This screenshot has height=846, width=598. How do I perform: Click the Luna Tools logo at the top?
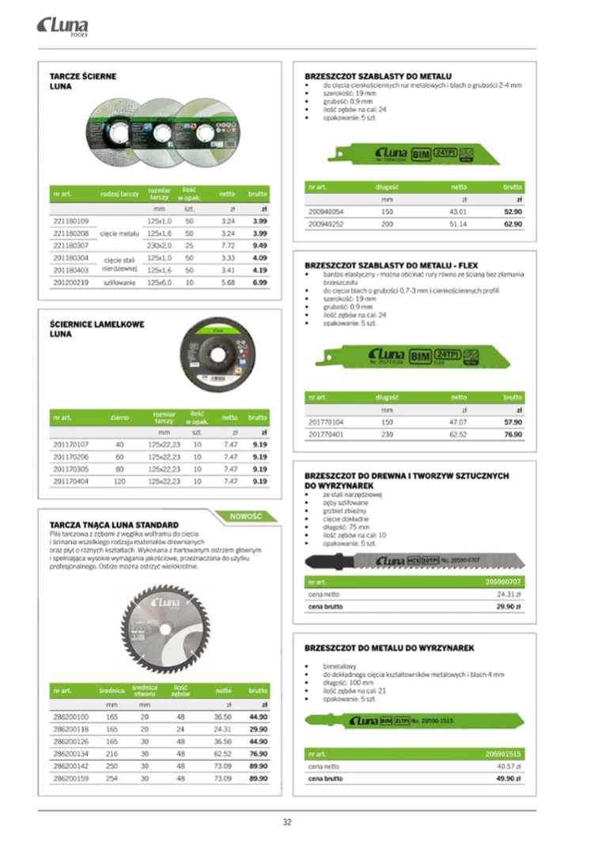[x=62, y=28]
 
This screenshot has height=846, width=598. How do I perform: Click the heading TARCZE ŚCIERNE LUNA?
[x=82, y=81]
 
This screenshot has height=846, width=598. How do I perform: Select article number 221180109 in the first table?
[x=71, y=222]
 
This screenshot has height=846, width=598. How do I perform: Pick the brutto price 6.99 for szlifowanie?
[x=259, y=283]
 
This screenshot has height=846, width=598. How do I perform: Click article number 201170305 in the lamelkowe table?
[x=71, y=469]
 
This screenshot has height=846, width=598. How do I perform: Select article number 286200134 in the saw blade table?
[x=71, y=754]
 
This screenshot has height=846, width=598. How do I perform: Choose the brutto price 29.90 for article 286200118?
[x=258, y=729]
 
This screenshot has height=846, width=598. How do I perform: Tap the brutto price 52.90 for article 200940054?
[x=513, y=212]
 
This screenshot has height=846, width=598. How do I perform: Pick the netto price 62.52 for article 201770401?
[x=458, y=434]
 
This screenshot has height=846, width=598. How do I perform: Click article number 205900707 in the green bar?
[x=504, y=582]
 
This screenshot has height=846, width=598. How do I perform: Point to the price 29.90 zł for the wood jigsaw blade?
[x=507, y=607]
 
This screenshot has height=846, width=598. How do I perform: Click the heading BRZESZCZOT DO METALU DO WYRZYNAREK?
[x=389, y=648]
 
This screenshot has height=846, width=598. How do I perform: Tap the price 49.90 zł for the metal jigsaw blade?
[x=507, y=779]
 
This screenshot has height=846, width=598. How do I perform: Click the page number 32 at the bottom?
[x=287, y=822]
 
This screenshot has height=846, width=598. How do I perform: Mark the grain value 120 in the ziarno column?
[x=120, y=481]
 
